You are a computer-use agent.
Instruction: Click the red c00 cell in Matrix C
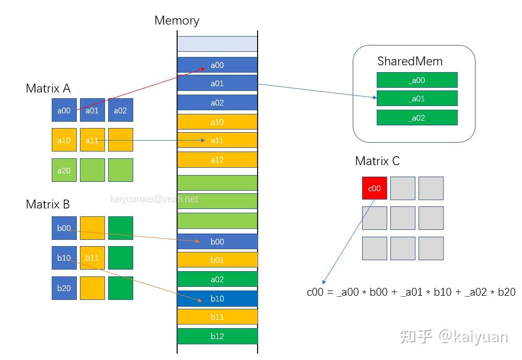374,188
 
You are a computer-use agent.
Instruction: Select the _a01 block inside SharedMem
417,99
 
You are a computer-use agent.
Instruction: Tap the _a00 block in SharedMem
417,80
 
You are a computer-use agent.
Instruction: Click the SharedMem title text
410,61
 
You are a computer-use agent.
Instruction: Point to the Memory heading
177,21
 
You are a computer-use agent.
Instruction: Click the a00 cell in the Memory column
217,65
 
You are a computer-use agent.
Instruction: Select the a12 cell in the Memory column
217,159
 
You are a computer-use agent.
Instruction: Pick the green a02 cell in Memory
217,280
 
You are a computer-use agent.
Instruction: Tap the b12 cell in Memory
217,336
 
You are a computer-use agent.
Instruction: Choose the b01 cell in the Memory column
217,260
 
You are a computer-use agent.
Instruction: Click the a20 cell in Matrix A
64,170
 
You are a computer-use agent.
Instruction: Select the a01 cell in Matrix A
92,110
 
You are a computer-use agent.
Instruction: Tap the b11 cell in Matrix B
92,258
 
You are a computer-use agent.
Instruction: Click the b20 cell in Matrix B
64,288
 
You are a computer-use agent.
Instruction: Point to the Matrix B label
48,204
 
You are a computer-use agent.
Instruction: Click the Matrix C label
377,161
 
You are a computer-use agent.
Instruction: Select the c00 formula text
411,292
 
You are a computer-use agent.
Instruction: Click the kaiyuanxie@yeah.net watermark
154,199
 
